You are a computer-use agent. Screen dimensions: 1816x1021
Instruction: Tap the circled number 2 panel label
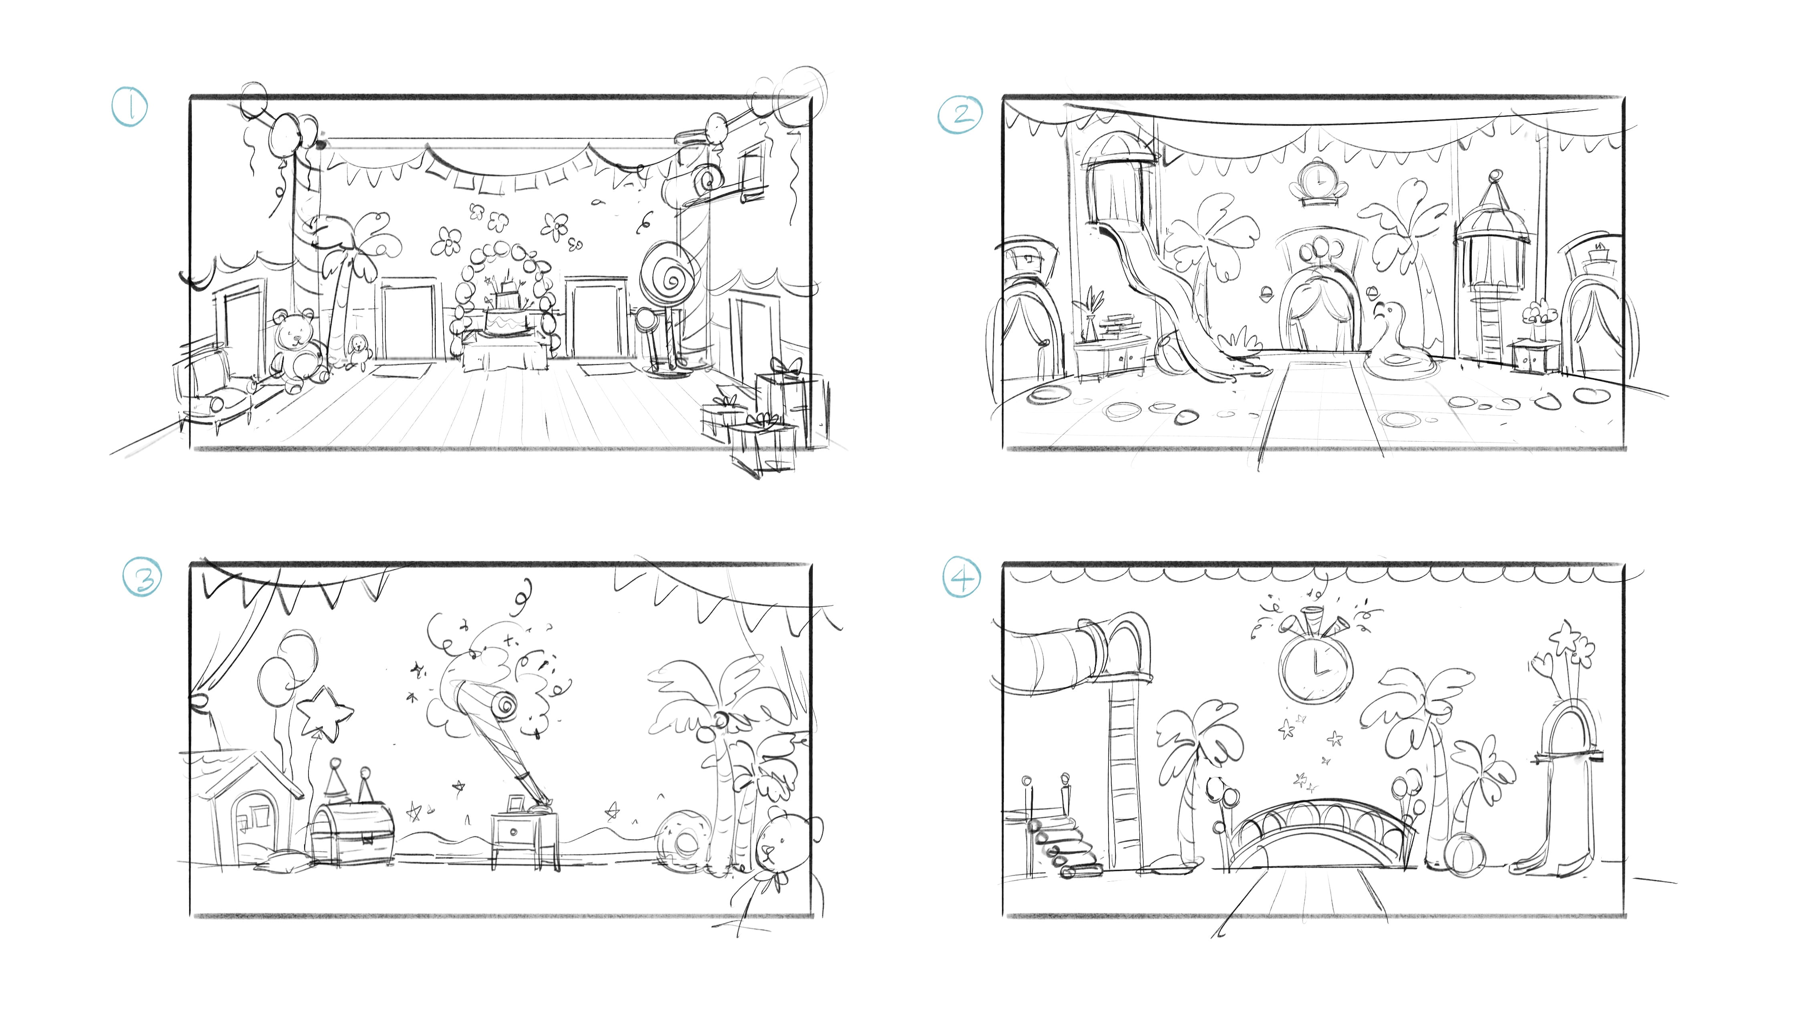[x=959, y=115]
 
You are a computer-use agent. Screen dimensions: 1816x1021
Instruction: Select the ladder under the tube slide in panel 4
[x=1125, y=775]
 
